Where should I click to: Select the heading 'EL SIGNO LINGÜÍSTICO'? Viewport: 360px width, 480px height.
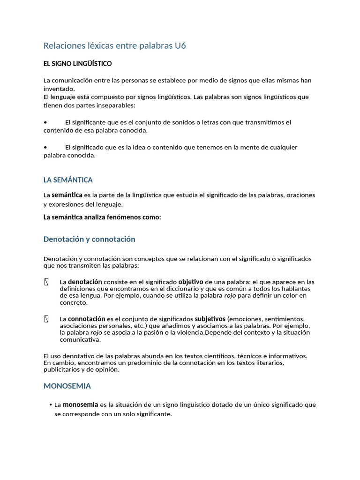77,63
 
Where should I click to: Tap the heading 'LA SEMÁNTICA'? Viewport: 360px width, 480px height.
68,180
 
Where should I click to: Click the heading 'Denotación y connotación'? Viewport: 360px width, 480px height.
89,239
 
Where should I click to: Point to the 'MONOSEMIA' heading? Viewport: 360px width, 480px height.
67,386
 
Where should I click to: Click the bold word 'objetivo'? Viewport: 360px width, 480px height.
191,282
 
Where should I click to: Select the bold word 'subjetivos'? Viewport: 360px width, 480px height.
210,319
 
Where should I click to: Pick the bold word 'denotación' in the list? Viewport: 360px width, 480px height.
85,282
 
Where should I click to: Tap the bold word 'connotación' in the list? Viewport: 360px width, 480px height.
86,319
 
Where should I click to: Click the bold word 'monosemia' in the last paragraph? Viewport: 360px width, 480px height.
80,404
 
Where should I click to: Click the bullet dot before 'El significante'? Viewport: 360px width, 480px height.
45,122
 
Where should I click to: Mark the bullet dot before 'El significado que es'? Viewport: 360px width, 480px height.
45,147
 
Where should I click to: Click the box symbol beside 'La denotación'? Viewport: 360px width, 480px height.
46,282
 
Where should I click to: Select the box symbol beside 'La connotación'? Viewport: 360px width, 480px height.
46,319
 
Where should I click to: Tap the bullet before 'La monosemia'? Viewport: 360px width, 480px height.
50,405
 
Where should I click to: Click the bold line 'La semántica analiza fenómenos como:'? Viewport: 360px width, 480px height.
102,217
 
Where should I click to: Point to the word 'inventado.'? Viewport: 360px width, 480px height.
59,88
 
